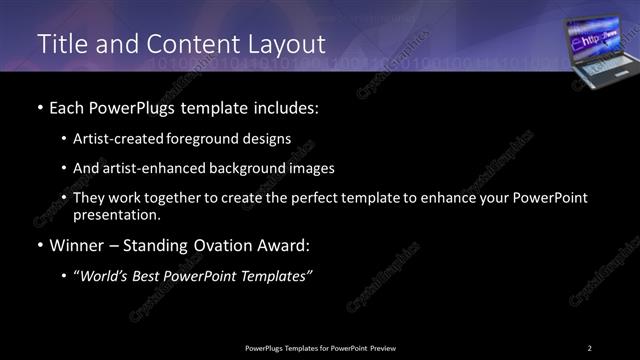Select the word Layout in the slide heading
286,45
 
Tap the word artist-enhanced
150,168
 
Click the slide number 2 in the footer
590,347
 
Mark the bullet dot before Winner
39,245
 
